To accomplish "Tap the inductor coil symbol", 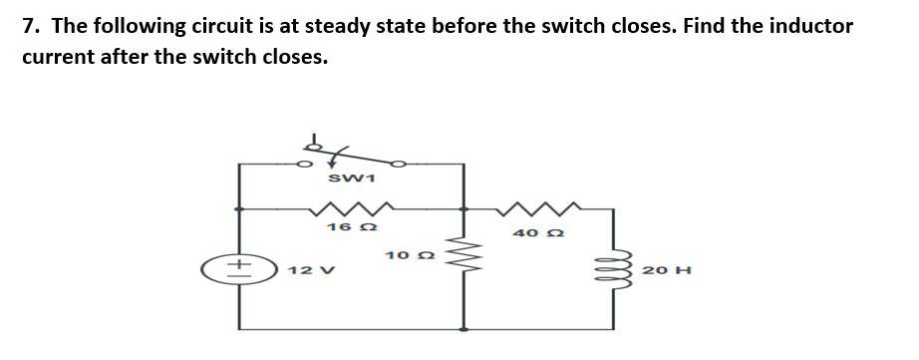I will coord(613,270).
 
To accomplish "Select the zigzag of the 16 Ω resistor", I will coord(346,209).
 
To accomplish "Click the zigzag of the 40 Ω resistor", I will coord(539,209).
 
